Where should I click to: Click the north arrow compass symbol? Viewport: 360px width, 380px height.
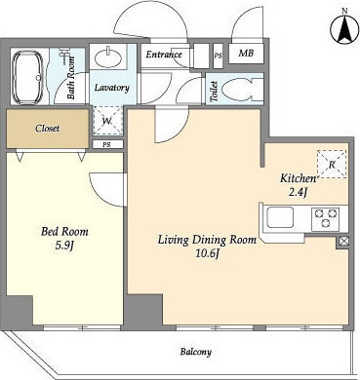pos(344,28)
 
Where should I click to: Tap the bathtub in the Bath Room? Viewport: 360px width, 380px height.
pos(27,77)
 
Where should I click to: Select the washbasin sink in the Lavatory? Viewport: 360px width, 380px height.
pos(108,57)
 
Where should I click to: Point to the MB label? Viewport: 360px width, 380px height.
pos(246,53)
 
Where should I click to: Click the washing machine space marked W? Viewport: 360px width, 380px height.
pos(107,121)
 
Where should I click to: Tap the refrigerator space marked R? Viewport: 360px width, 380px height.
pos(332,164)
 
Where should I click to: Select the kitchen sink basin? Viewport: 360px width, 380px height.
pos(280,217)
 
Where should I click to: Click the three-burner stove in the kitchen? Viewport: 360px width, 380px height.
pos(326,218)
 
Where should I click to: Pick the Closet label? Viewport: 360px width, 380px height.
pos(48,129)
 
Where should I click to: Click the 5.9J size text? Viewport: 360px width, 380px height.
pos(64,246)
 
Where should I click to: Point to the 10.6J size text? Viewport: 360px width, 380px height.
pos(207,253)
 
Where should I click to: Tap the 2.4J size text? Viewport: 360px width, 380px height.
pos(298,192)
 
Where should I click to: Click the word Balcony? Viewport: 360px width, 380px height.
pos(196,352)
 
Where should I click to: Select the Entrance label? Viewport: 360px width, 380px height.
pos(164,55)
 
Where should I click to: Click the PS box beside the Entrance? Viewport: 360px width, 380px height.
pos(219,56)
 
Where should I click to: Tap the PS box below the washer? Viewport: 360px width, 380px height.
pos(106,145)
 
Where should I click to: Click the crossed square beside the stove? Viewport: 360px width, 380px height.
pos(343,241)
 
